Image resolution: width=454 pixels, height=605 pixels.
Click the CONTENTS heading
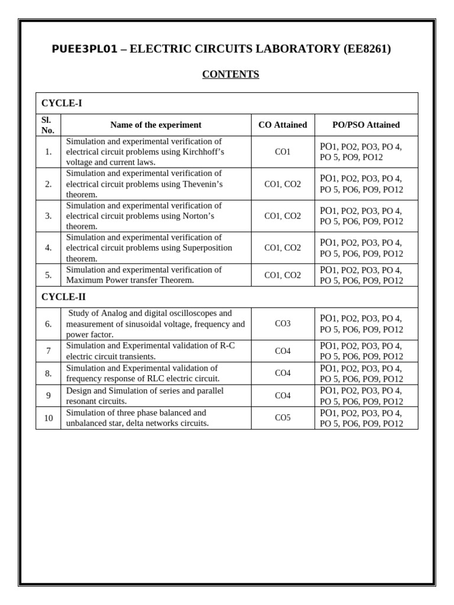231,74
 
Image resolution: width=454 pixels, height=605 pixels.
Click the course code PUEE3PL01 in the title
85,49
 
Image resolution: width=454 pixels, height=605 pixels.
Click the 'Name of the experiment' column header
155,125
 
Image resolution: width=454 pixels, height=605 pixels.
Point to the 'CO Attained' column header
283,125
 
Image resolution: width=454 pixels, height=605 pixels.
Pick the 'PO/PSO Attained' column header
366,125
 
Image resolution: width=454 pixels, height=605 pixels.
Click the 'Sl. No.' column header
48,125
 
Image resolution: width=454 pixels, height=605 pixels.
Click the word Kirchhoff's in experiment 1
199,152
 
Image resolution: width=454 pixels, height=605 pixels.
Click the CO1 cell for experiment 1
283,152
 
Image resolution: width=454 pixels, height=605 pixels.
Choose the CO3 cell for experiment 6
283,324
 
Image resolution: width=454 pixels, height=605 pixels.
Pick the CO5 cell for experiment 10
283,418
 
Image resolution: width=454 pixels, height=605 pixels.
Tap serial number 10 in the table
48,418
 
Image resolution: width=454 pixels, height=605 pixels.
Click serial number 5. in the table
48,275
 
